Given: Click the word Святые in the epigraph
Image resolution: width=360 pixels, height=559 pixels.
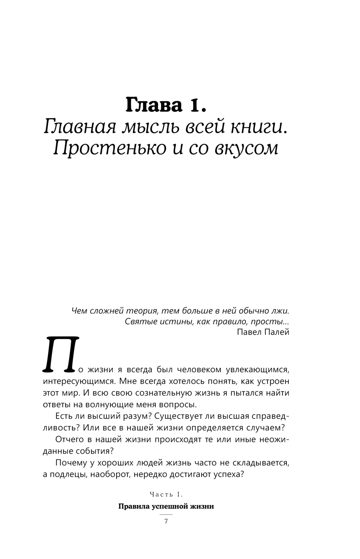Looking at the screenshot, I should coord(139,321).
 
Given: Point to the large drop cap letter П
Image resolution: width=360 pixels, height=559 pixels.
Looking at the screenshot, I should coord(61,354).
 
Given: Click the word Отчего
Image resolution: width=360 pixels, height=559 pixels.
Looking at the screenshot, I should coord(71,439).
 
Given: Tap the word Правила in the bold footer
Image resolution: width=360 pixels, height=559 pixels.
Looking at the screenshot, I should coord(133,506).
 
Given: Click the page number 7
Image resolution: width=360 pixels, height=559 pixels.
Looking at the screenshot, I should coord(166,521).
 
